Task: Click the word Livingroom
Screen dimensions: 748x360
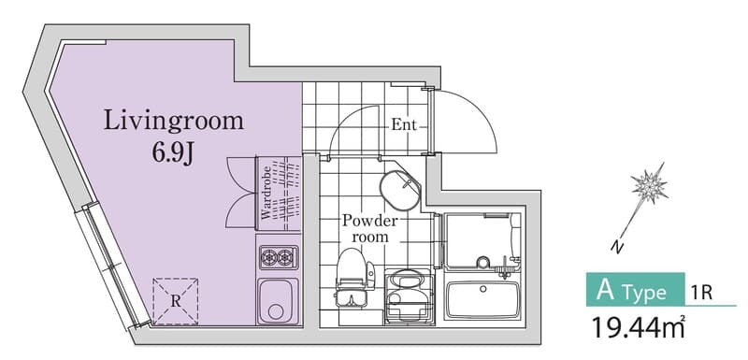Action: click(x=174, y=121)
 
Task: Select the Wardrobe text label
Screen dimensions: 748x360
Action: click(x=266, y=193)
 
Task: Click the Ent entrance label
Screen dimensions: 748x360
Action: click(x=404, y=125)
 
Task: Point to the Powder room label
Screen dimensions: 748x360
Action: click(x=369, y=229)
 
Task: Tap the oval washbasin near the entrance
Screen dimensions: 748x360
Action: click(x=400, y=189)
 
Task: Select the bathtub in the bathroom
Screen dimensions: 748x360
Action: click(x=482, y=300)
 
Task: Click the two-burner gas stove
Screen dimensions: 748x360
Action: click(x=279, y=257)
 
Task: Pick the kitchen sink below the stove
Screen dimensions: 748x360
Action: click(x=278, y=301)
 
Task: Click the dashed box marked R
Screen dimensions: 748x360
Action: click(x=176, y=301)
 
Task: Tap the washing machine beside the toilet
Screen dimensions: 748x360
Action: click(x=409, y=296)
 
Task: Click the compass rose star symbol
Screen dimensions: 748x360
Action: click(x=649, y=185)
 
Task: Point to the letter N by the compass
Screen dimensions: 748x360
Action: click(x=617, y=247)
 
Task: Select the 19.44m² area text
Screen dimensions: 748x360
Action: click(x=638, y=327)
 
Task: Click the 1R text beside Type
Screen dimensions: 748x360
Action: click(x=701, y=293)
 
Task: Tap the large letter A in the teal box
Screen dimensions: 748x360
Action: click(x=605, y=290)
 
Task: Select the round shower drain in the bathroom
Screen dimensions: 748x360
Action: click(x=483, y=263)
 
